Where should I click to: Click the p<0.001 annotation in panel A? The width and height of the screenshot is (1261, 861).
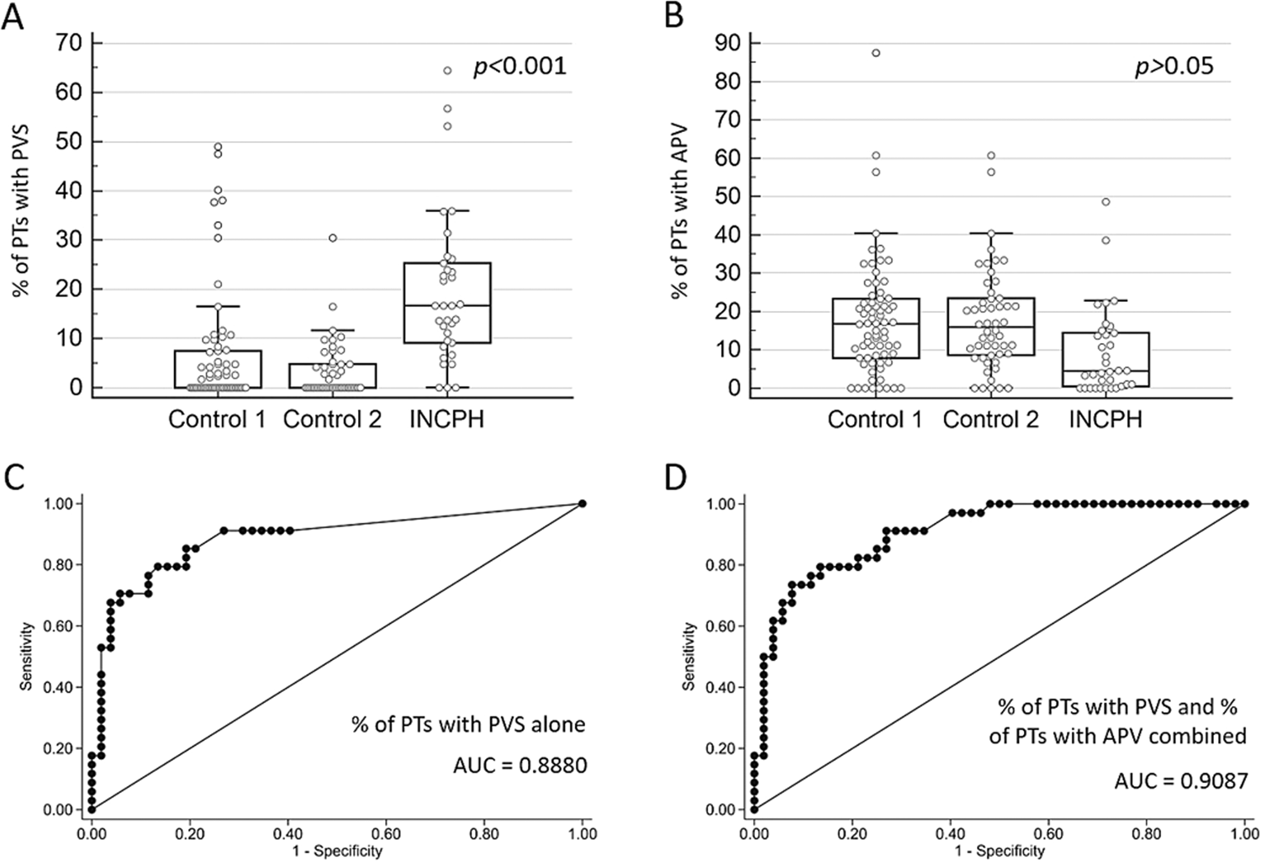(520, 66)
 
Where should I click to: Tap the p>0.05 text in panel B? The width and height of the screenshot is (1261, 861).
(1174, 66)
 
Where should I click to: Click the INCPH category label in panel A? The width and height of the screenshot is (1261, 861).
(446, 419)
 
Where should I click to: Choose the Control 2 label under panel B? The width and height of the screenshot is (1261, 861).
(990, 419)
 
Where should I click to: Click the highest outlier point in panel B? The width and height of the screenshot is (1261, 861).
(875, 53)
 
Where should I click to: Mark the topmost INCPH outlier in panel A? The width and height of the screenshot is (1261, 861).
(447, 71)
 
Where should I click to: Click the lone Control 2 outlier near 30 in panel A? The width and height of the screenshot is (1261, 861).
(333, 238)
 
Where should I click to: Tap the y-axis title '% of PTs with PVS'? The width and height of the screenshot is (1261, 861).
(19, 217)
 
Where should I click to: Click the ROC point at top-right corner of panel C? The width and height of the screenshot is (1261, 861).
(583, 504)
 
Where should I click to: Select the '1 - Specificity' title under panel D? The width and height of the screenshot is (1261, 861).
(999, 850)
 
